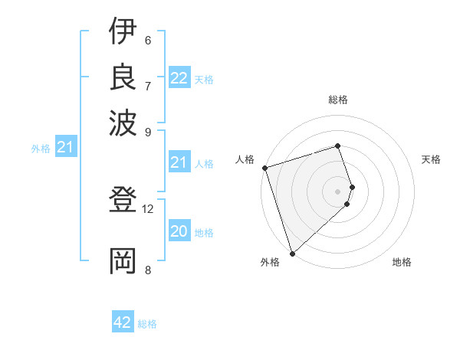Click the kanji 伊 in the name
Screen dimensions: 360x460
tap(123, 32)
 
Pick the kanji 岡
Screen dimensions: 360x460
tap(123, 261)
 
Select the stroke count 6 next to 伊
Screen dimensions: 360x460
tap(147, 40)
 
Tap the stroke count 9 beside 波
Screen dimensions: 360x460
tap(147, 131)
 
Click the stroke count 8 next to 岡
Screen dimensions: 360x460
tap(147, 269)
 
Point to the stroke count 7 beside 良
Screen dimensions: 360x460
tap(147, 85)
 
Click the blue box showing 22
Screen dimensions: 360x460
tap(179, 78)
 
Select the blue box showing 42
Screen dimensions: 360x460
tap(123, 322)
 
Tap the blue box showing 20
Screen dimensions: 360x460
tap(179, 231)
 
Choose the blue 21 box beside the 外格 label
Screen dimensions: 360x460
tap(65, 147)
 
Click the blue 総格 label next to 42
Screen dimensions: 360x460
tap(147, 324)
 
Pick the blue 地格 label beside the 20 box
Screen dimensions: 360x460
tap(204, 233)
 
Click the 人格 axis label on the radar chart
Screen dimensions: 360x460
tap(245, 159)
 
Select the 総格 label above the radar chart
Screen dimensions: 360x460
tap(337, 100)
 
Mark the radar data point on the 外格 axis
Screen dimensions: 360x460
tap(292, 252)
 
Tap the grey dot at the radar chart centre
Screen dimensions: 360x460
tap(337, 191)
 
